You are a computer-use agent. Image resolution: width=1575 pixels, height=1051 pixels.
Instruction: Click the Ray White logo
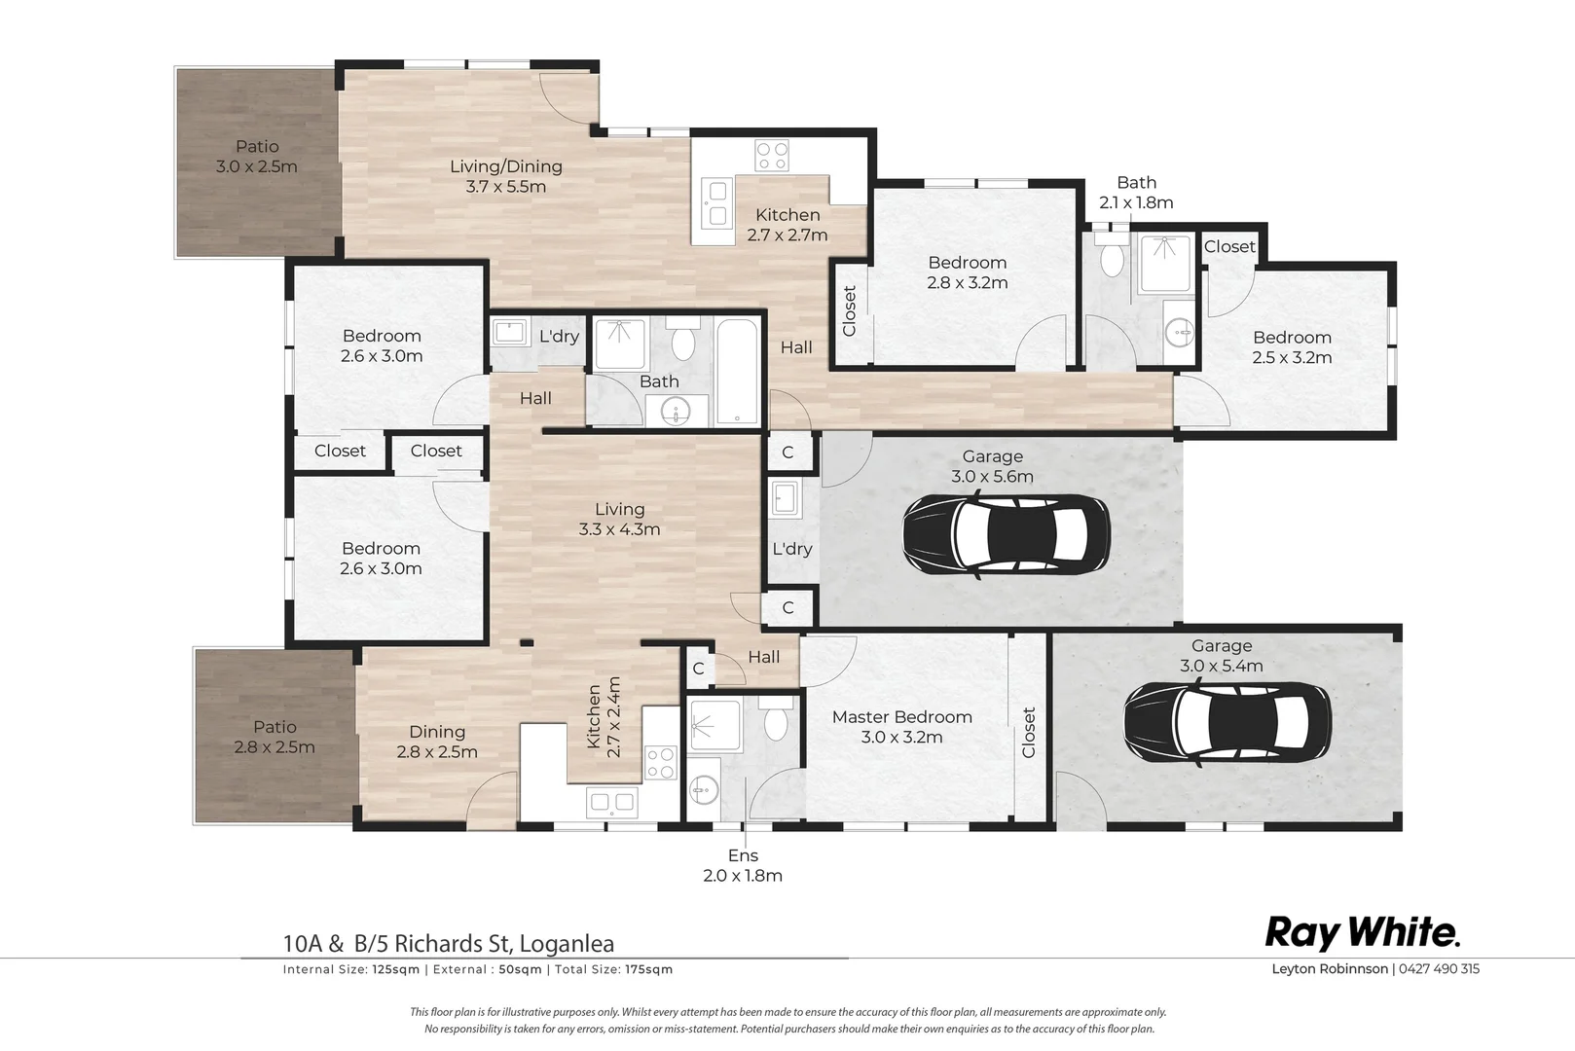1363,933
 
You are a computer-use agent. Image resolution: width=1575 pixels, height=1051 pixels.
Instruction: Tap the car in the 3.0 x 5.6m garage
1007,535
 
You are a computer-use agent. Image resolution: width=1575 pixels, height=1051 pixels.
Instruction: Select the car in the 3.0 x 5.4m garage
1227,723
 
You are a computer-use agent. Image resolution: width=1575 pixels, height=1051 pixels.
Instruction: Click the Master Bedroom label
902,717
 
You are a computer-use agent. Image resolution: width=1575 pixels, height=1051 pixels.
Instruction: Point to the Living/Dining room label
506,166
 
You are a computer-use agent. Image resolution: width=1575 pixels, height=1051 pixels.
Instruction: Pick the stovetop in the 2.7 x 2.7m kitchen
772,156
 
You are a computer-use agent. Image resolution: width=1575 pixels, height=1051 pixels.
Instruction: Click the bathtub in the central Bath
737,372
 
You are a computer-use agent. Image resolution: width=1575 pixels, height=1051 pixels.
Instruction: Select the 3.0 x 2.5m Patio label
257,157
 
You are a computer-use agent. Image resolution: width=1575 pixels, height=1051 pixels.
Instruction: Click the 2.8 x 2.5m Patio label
275,737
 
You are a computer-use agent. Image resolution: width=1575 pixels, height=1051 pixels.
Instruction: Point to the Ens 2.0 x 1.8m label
743,865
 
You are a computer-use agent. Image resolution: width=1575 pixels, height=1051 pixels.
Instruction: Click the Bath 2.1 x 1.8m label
1136,193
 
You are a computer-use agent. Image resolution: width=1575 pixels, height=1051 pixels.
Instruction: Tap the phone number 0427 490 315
1440,968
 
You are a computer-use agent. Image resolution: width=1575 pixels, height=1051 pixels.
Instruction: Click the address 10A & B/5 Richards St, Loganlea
449,943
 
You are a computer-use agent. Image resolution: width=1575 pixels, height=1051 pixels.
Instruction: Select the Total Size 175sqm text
614,969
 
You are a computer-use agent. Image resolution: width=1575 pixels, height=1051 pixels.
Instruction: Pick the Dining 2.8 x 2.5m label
437,742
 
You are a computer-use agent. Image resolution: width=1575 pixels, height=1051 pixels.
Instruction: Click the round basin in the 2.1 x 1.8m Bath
1179,333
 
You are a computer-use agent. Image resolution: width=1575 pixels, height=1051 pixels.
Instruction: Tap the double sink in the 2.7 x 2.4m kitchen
611,802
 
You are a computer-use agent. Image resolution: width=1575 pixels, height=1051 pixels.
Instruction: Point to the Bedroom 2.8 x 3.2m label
968,272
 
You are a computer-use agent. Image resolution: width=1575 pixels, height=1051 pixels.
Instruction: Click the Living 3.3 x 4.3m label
619,519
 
